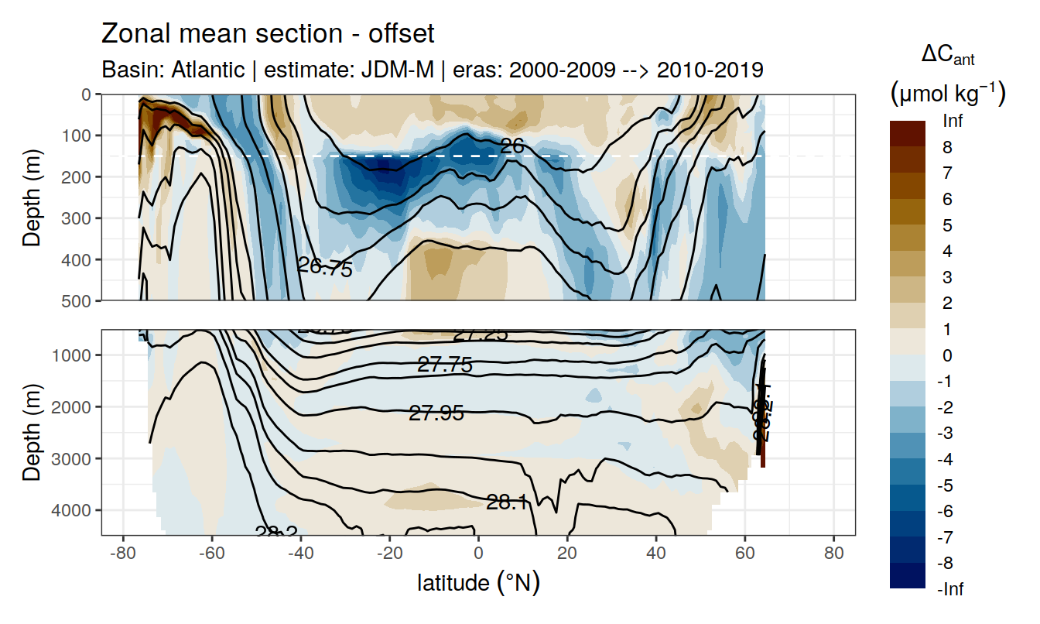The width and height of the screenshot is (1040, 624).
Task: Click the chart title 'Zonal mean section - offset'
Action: coord(268,34)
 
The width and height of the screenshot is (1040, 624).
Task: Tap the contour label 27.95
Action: coord(436,413)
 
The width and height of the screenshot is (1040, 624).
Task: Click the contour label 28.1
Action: coord(507,503)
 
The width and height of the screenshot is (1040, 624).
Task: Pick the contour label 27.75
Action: coord(444,365)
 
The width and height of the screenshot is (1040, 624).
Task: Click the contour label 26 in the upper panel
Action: coord(512,146)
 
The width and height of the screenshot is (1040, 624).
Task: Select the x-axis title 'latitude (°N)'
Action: coord(478,582)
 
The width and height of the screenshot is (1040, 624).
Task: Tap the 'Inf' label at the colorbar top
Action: coord(953,121)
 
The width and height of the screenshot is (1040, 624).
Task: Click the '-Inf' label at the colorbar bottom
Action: coord(951,589)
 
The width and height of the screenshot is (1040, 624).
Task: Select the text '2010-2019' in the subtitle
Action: coord(710,70)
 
